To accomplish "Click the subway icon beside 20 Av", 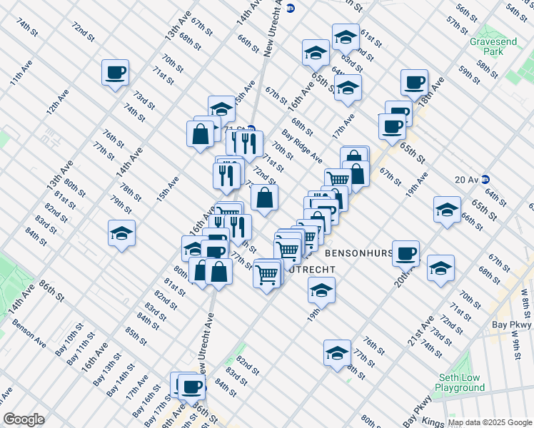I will coord(485,179).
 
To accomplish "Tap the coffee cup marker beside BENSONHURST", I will coord(406,253).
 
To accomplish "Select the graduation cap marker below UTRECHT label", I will coord(321,290).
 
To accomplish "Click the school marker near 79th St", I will coord(121,233).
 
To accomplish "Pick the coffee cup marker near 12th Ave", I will coord(115,72).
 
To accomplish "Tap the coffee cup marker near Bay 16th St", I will coord(191,387).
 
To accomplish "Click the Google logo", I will coord(24,419).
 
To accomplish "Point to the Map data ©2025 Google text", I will coord(490,422).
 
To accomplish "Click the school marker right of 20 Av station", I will coord(447,210).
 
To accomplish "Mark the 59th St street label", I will coord(469,75).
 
